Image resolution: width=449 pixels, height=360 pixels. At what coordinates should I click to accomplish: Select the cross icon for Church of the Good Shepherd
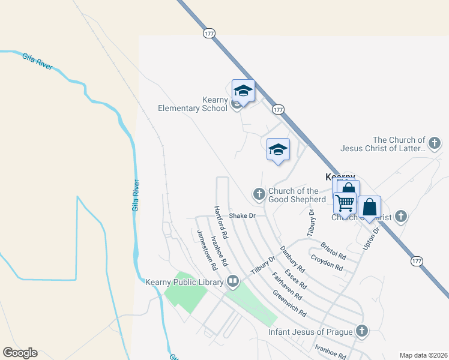[259, 193]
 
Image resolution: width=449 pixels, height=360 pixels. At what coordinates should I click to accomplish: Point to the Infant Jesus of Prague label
[310, 332]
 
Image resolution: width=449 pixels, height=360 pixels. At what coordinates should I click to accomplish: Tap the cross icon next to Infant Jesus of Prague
[361, 330]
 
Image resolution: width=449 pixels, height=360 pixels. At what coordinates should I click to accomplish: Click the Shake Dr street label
[243, 215]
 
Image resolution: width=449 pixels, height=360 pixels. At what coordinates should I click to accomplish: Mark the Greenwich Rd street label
[289, 304]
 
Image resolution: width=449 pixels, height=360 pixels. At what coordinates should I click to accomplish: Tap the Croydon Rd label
[327, 263]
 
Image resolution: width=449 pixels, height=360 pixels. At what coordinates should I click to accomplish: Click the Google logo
[20, 353]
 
